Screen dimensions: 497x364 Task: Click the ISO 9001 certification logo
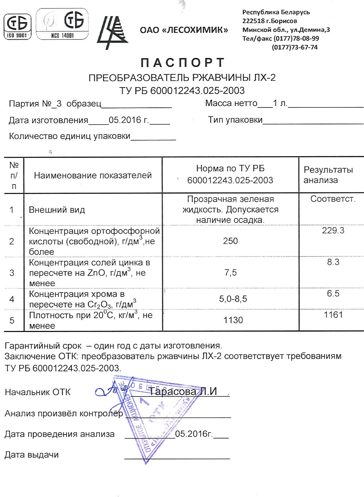pyautogui.click(x=18, y=26)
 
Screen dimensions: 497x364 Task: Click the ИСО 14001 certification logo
pyautogui.click(x=62, y=24)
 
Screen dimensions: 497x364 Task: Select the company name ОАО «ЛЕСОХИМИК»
pyautogui.click(x=184, y=30)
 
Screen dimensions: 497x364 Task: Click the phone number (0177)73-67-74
pyautogui.click(x=294, y=47)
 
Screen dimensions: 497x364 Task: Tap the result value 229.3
pyautogui.click(x=333, y=230)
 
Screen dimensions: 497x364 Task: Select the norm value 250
pyautogui.click(x=230, y=241)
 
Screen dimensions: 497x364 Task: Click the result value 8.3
pyautogui.click(x=333, y=262)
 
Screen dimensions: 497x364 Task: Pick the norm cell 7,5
pyautogui.click(x=230, y=272)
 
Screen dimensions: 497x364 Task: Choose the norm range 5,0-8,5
pyautogui.click(x=233, y=299)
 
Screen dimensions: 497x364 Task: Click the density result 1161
pyautogui.click(x=333, y=315)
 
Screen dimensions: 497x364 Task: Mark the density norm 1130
pyautogui.click(x=233, y=320)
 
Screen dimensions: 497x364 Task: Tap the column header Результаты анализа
pyautogui.click(x=328, y=175)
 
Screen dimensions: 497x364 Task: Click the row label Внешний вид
pyautogui.click(x=57, y=210)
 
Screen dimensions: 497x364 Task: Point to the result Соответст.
pyautogui.click(x=333, y=199)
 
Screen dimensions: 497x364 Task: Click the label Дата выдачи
pyautogui.click(x=32, y=455)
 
